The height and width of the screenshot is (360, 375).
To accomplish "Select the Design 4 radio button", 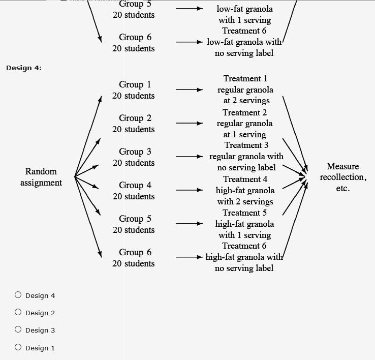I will [x=18, y=295].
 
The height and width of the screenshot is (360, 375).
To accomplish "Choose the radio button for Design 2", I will [x=18, y=312].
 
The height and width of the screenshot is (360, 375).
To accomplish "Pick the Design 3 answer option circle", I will [x=18, y=329].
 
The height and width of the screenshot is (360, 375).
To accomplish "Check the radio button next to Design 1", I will [x=18, y=347].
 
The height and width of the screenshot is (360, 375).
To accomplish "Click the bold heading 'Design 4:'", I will [x=24, y=68].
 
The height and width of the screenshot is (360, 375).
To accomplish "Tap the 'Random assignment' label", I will [x=41, y=177].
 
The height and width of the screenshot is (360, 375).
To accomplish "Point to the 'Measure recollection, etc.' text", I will [x=342, y=177].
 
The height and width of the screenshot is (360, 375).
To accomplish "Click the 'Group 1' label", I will [x=135, y=84].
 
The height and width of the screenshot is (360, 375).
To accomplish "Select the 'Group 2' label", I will [x=135, y=118].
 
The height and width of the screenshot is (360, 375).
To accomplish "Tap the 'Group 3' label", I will [x=135, y=152].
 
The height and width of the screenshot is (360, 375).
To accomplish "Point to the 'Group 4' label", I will [x=135, y=185].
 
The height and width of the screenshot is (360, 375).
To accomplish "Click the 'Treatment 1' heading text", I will [x=245, y=79].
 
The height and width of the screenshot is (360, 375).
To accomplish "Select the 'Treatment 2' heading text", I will [x=244, y=112].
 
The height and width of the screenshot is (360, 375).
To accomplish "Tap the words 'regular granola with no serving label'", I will [x=246, y=162].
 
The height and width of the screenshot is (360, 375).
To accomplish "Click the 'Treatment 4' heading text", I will [x=245, y=179].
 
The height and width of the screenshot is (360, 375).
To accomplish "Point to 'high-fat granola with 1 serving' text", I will [x=244, y=229].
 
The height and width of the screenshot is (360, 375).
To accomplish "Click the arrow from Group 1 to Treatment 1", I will [x=189, y=89].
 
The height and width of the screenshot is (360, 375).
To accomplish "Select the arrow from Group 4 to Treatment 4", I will [x=189, y=190].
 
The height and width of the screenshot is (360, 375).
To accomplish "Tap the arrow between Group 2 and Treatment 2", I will [x=189, y=123].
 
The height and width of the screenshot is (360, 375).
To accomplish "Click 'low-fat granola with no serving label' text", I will [x=244, y=47].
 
